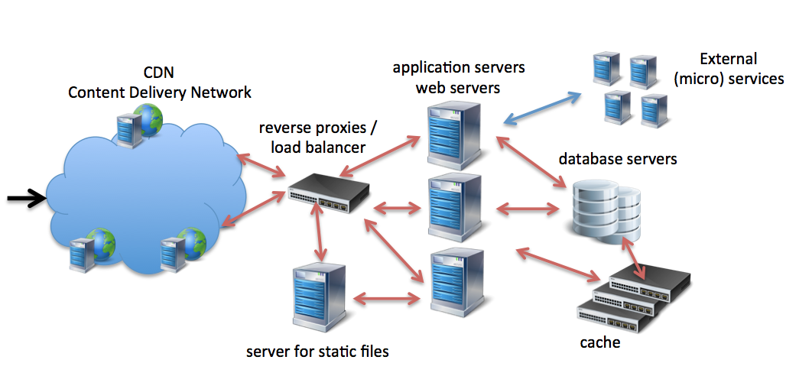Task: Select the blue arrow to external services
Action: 542,107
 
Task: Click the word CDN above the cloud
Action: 159,73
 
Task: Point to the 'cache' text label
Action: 599,342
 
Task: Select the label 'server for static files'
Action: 317,352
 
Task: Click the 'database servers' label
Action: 618,160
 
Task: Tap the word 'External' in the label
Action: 729,59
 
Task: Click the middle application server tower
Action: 455,210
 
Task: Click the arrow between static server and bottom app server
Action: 388,295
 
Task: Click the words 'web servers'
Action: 457,87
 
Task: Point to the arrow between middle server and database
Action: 528,207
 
